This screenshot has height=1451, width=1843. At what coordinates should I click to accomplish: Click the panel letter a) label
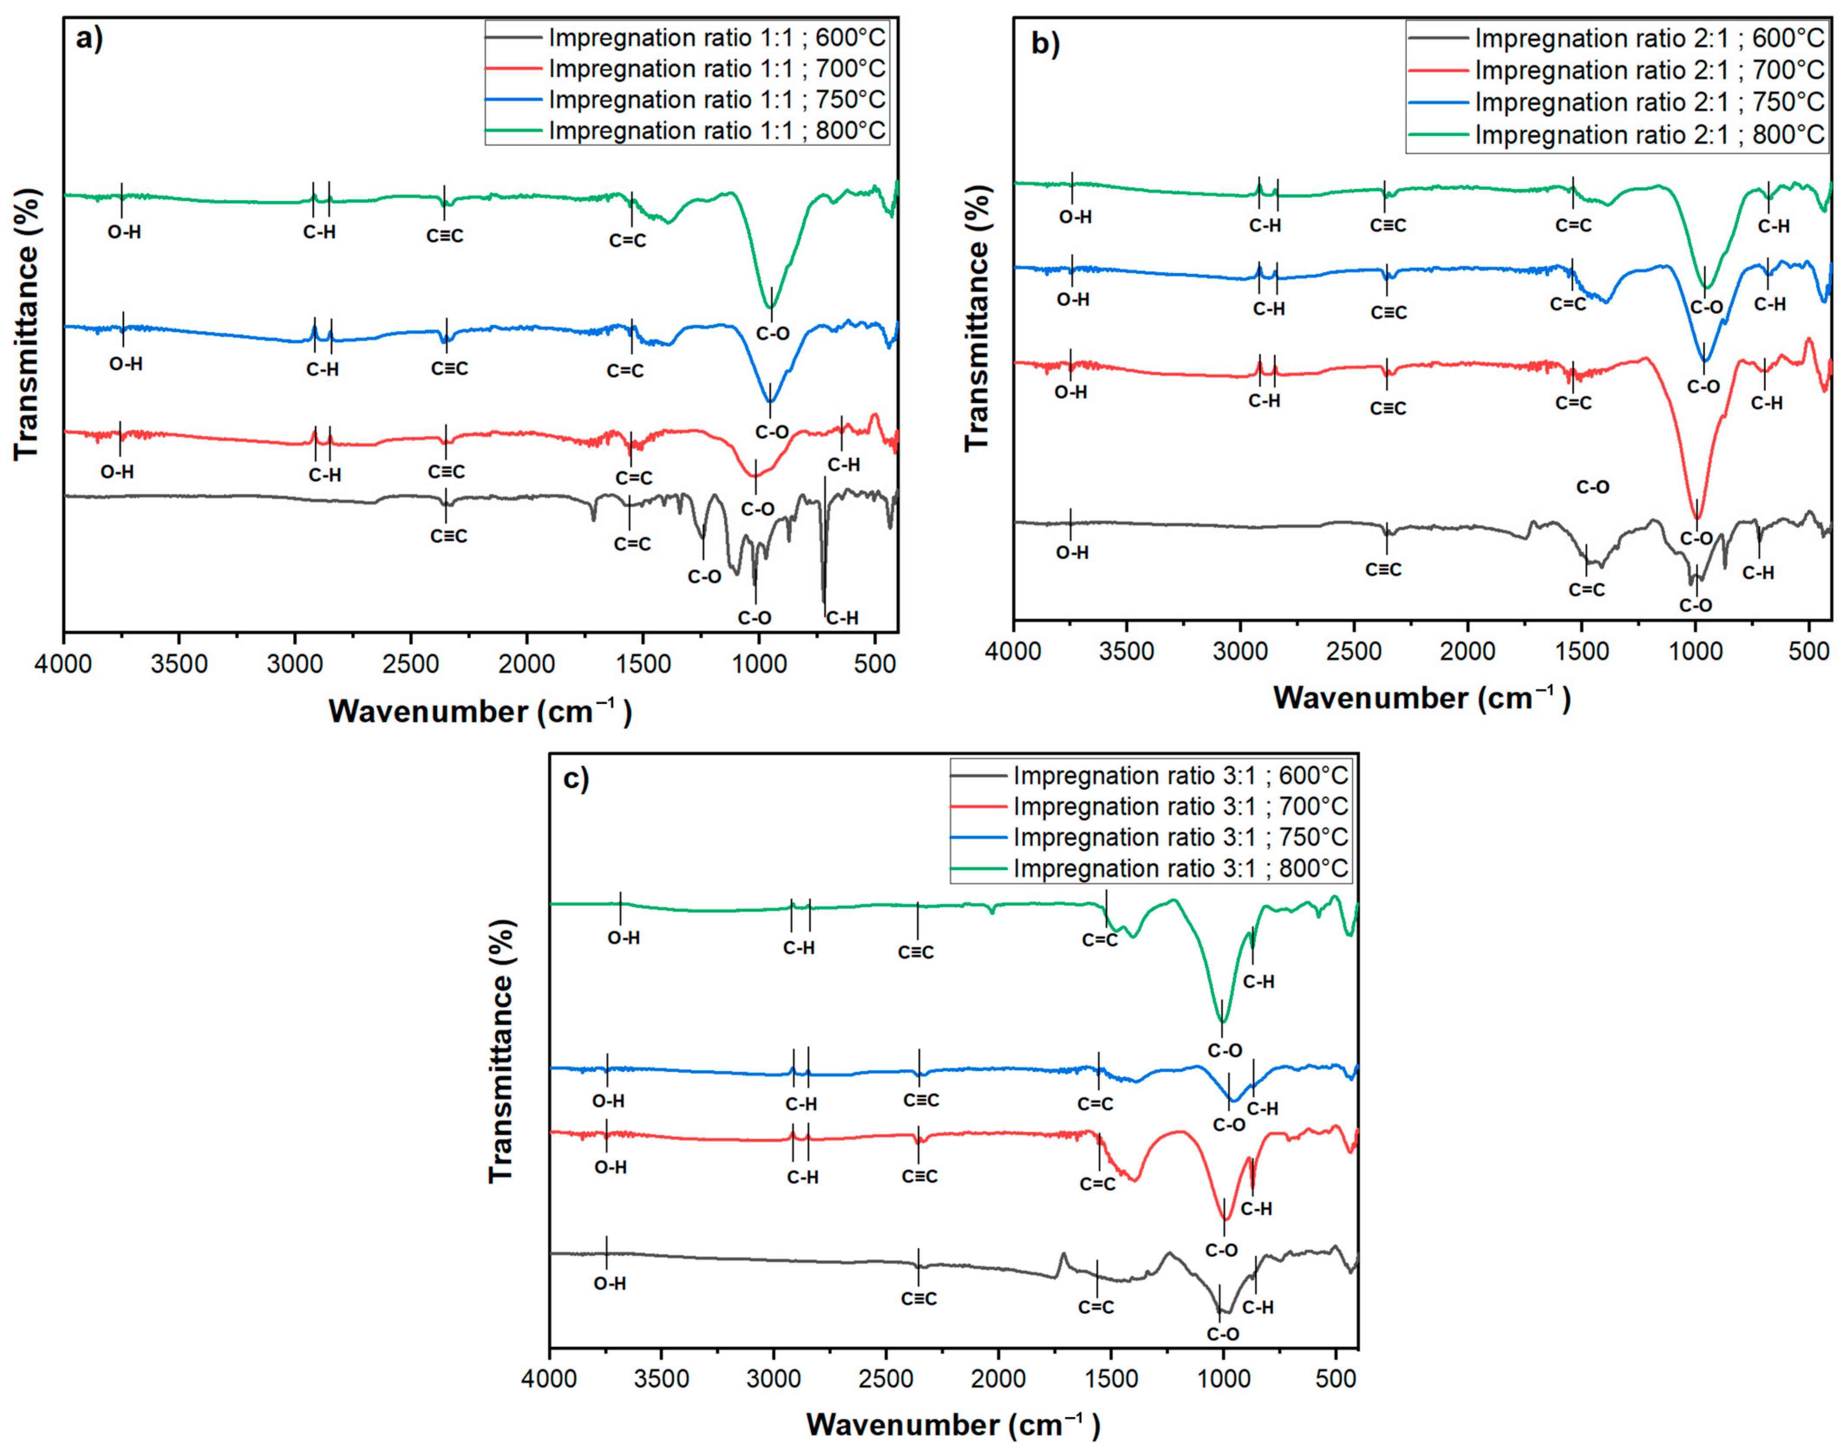89,40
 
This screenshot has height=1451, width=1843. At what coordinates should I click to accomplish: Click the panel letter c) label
576,778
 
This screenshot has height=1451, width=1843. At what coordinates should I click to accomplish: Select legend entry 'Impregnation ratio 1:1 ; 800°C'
716,131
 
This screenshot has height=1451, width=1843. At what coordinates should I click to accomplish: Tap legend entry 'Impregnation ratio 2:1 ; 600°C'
1648,38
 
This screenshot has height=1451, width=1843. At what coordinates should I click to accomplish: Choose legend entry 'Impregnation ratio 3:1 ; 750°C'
1180,838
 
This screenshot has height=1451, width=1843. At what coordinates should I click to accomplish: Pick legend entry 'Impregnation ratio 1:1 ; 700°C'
716,69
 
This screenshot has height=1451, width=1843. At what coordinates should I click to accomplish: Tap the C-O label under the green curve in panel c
1224,1051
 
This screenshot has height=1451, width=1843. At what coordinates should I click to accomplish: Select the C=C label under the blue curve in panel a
625,370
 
